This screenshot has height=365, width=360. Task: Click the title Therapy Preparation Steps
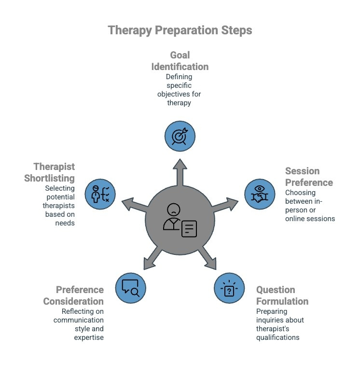tap(180, 30)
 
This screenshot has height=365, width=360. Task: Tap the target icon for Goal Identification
tap(180, 135)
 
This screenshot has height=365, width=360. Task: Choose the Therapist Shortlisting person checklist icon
tap(100, 194)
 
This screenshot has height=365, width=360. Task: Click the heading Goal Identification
tap(180, 60)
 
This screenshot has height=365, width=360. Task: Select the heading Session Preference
tap(309, 177)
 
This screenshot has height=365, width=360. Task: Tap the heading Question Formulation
tap(282, 295)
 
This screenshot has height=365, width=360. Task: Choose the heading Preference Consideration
tap(80, 295)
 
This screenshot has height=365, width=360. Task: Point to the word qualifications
tap(277, 337)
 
